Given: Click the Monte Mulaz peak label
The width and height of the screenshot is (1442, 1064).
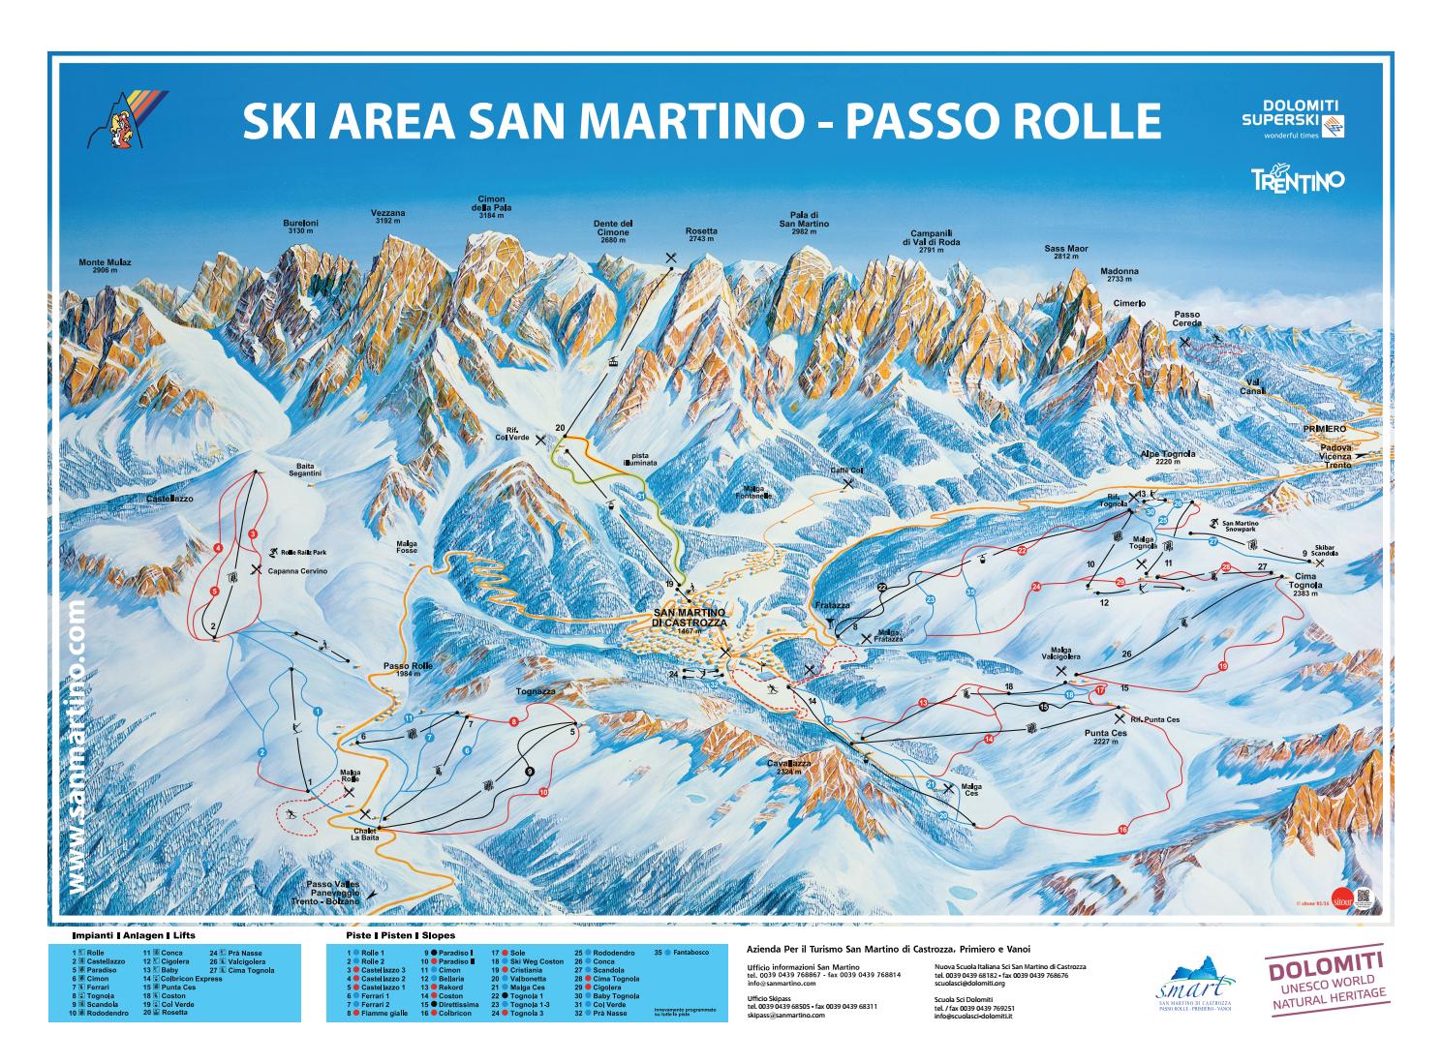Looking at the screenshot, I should tap(105, 265).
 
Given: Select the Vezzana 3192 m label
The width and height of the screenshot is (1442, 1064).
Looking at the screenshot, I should tap(387, 217).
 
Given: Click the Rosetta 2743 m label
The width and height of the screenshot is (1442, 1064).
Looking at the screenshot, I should tap(701, 235).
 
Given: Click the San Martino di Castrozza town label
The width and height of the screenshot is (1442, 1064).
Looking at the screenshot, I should tap(689, 619).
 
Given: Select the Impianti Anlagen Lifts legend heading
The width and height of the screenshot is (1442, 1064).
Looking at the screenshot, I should tap(133, 936).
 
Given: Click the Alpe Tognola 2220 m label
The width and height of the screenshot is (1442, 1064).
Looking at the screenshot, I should tap(1168, 458).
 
